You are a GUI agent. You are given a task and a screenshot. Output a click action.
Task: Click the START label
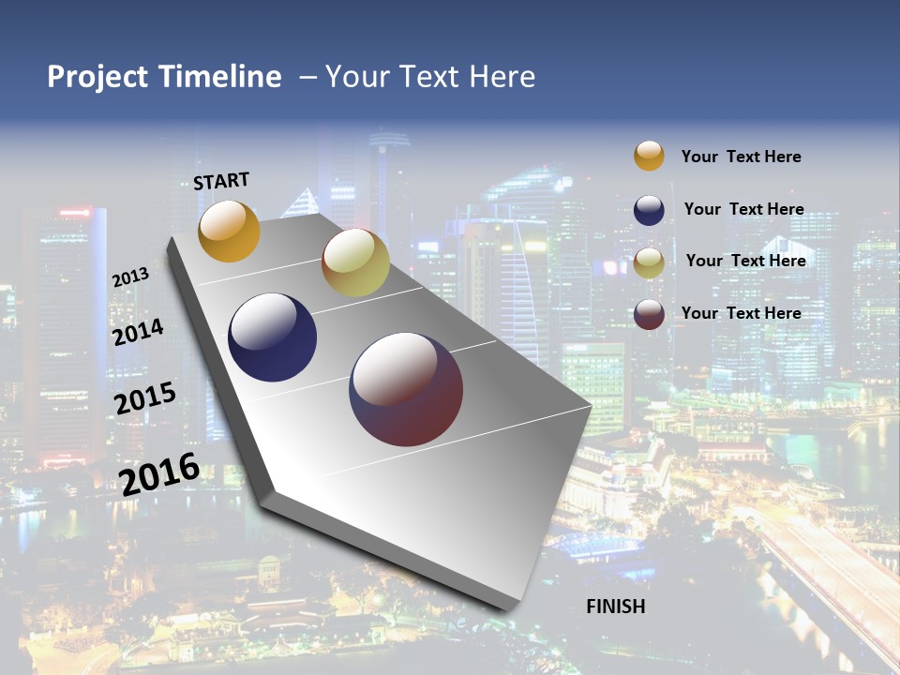(221, 181)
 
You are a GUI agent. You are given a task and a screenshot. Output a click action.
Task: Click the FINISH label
(616, 606)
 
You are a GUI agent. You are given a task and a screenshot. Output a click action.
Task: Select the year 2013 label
(130, 277)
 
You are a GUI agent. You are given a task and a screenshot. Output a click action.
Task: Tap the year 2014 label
(138, 332)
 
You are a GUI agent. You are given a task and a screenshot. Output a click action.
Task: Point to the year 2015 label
(144, 397)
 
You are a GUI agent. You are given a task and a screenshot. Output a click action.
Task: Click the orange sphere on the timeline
(229, 231)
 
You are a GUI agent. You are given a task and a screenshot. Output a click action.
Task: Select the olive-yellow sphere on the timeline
(355, 262)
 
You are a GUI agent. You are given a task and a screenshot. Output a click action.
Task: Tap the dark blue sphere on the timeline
(273, 337)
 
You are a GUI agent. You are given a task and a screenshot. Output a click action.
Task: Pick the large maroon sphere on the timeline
(406, 389)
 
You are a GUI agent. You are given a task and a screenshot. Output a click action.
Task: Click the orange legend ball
(649, 156)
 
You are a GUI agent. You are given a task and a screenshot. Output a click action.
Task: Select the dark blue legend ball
(649, 209)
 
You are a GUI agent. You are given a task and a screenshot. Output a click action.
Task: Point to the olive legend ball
(649, 262)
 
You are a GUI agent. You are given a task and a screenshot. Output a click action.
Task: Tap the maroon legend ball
(649, 314)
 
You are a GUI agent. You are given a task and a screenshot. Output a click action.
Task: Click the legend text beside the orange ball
(741, 157)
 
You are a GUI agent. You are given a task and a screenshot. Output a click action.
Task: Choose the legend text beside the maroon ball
(741, 313)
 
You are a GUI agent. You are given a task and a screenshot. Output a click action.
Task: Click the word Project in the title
(97, 77)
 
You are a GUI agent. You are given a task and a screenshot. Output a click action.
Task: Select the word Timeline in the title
(219, 77)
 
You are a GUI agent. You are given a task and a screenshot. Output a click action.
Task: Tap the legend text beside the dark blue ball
(743, 209)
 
